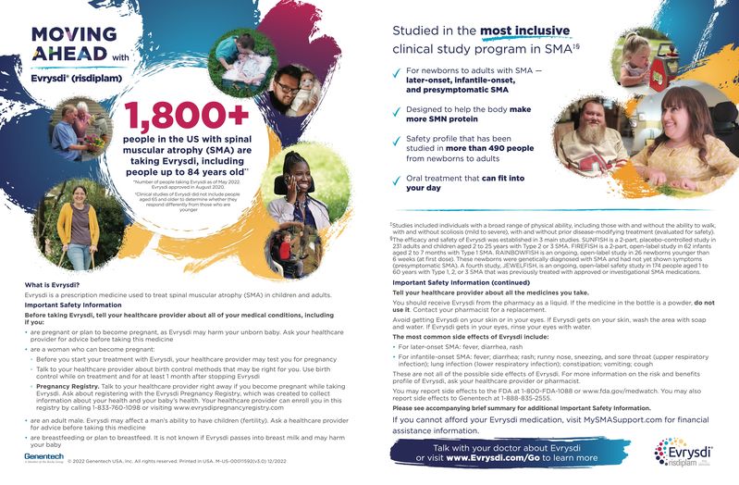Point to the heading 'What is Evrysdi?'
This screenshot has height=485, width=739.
pyautogui.click(x=52, y=284)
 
